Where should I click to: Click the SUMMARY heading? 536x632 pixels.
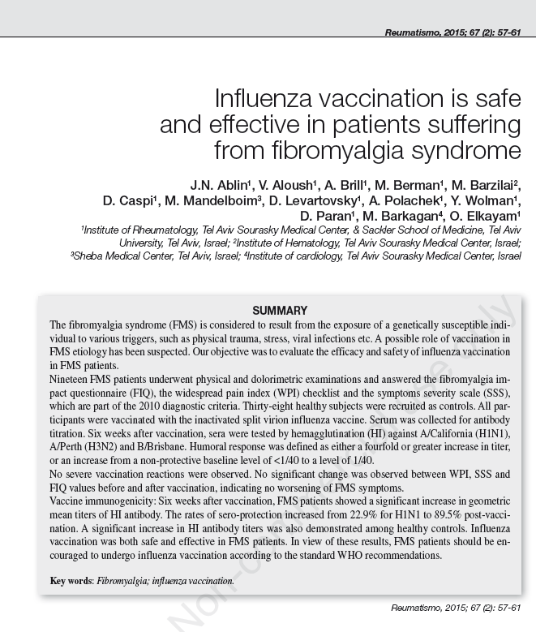[x=280, y=311]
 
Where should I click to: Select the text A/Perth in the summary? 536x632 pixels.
[x=67, y=445]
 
